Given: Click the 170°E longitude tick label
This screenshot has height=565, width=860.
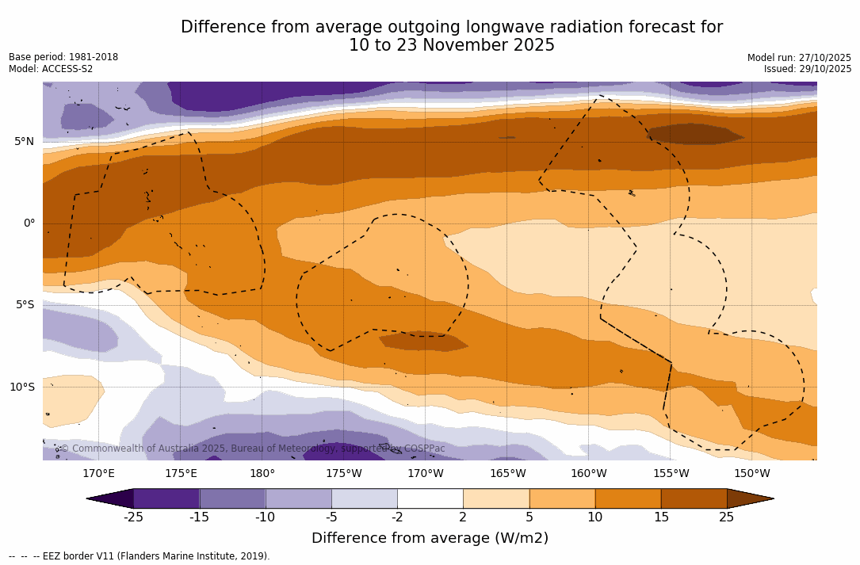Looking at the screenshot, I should (x=98, y=474).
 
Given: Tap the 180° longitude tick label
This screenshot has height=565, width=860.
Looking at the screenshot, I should (x=262, y=474).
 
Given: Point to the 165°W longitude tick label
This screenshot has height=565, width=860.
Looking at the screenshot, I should (x=507, y=474).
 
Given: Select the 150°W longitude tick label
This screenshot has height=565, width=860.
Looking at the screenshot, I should (x=752, y=474).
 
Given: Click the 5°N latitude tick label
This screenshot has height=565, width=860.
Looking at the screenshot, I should (x=24, y=142).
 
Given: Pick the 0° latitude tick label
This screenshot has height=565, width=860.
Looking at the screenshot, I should (x=29, y=223).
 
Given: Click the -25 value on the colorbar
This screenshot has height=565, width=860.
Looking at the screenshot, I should (x=133, y=517).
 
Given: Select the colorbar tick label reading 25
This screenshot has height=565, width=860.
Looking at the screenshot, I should (x=727, y=517).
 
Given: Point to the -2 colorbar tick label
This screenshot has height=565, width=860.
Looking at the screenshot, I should (x=397, y=517).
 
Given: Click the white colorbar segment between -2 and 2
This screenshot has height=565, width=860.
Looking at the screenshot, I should (x=430, y=498).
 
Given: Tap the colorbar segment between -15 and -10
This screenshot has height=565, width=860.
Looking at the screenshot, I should (x=232, y=498).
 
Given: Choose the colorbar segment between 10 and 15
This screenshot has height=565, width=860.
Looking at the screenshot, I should (x=628, y=498).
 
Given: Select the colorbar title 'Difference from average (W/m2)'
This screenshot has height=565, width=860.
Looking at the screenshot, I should (x=430, y=539).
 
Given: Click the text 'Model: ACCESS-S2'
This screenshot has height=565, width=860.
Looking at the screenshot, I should (x=51, y=69).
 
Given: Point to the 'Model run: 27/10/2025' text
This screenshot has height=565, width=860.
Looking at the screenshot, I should (x=799, y=58).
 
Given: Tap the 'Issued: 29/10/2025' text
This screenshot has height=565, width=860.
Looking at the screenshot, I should (x=808, y=69).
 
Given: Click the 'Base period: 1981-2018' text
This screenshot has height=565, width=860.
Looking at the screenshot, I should (x=63, y=57).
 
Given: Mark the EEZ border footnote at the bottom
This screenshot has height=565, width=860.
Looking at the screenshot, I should (x=140, y=556).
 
